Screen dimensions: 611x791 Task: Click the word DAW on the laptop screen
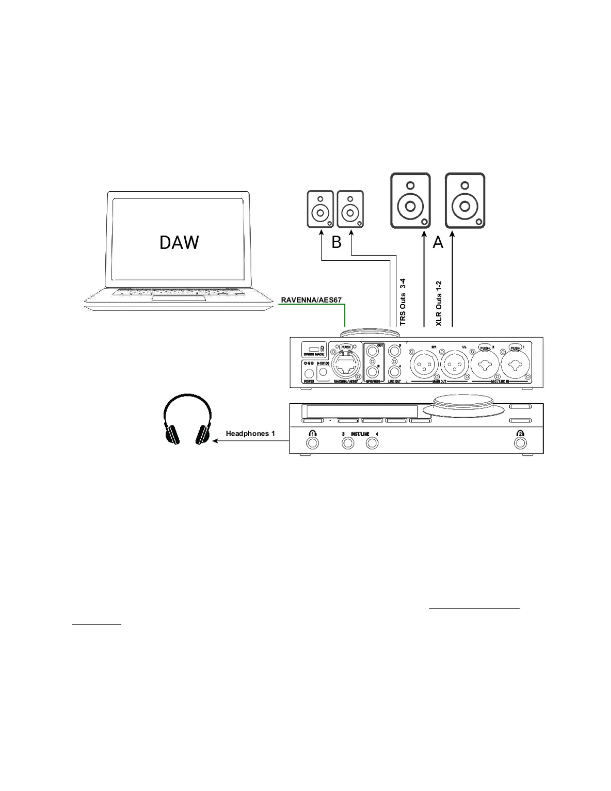[x=179, y=242]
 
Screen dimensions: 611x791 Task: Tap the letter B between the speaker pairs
[x=336, y=242]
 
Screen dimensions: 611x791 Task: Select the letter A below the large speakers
[x=438, y=242]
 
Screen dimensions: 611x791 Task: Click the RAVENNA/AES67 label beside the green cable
[x=311, y=300]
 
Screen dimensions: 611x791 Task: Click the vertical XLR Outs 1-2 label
[x=439, y=303]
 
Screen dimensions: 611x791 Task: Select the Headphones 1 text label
[x=250, y=433]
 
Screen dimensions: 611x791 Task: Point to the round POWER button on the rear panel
[x=309, y=372]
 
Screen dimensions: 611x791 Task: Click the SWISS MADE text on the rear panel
[x=313, y=354]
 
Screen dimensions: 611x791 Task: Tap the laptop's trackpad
[x=178, y=298]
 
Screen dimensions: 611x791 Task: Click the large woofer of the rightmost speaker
[x=465, y=206]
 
